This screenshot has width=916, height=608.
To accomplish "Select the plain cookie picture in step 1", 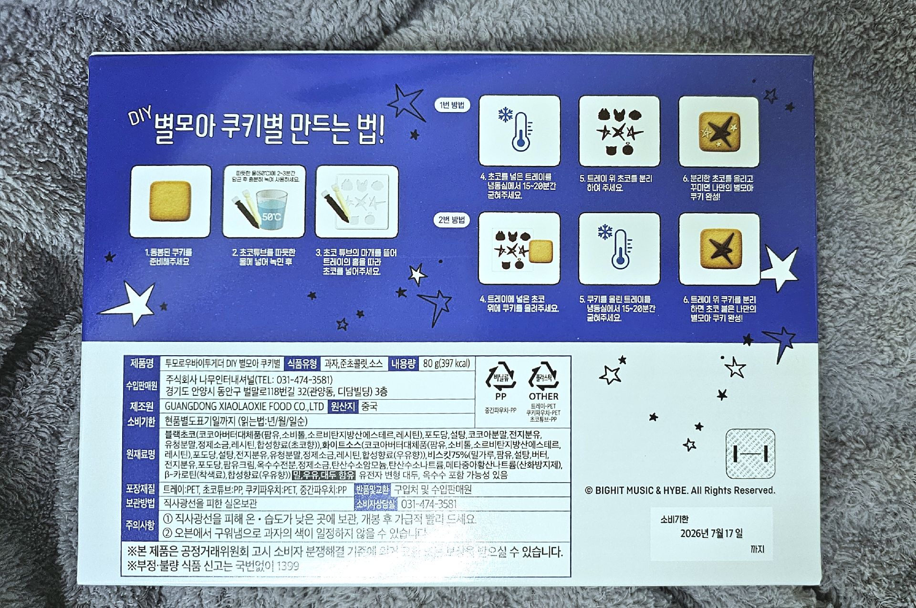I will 170,201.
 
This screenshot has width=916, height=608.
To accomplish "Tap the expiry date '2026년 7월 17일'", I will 711,533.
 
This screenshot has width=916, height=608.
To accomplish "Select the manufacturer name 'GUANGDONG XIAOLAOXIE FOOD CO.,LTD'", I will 244,407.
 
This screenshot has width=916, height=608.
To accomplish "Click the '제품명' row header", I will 142,363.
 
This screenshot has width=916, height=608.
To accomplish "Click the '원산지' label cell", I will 343,407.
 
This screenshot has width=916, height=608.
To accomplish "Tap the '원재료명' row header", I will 141,453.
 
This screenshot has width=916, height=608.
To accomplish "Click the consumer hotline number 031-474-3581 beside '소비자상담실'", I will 428,504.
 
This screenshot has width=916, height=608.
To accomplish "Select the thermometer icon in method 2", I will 619,248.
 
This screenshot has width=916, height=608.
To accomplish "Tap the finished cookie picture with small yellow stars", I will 718,132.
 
